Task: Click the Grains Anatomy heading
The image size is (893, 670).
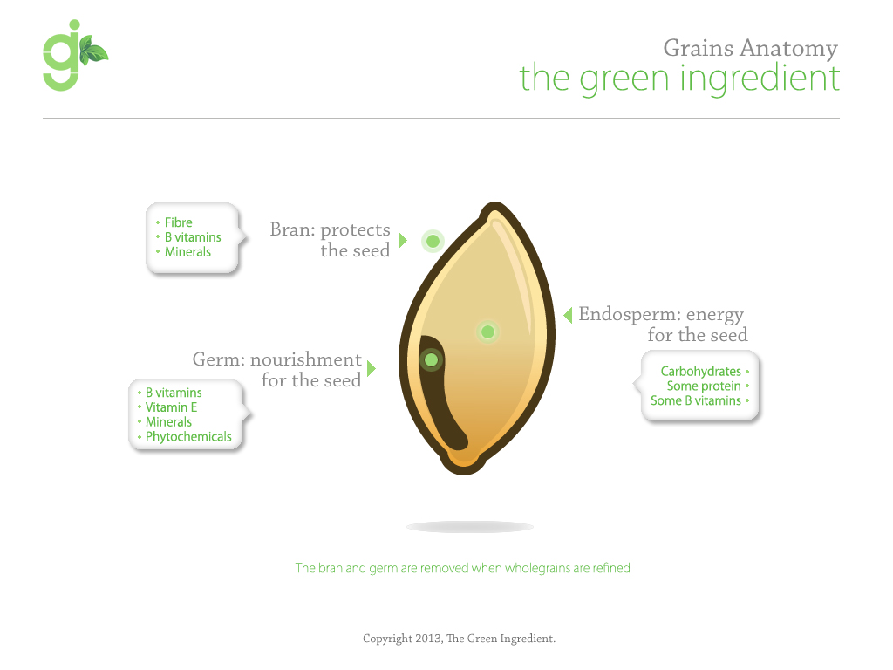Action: click(x=750, y=47)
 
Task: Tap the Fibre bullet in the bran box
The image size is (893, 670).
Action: click(x=178, y=222)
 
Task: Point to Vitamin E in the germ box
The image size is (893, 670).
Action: click(x=171, y=407)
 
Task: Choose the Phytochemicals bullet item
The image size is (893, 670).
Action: click(x=188, y=437)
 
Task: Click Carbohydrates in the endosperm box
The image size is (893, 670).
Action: click(x=700, y=372)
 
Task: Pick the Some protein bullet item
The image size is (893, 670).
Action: click(x=704, y=386)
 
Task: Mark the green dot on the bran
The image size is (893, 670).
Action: click(x=433, y=240)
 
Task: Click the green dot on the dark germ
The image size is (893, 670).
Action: click(x=430, y=359)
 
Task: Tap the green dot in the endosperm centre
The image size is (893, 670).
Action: click(x=487, y=332)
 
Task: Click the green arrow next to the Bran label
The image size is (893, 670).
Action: click(x=402, y=240)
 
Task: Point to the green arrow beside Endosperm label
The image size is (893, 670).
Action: click(x=568, y=314)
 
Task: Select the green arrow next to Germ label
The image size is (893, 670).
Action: click(x=371, y=368)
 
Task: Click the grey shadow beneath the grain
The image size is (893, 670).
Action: click(x=469, y=527)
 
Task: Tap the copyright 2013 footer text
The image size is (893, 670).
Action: click(x=459, y=639)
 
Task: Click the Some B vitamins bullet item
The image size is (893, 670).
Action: click(x=695, y=401)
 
